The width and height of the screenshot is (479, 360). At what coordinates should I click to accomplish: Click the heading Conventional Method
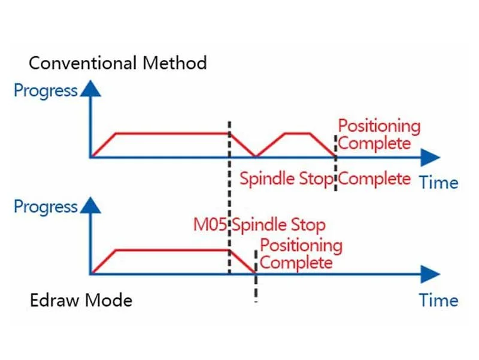(117, 63)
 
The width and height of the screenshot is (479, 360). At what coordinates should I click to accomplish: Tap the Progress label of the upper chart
(46, 91)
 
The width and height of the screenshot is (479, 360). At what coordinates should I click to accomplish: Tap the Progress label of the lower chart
(46, 207)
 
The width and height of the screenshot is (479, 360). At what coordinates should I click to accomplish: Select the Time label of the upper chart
(438, 182)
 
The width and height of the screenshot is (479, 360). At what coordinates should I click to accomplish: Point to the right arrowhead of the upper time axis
(430, 158)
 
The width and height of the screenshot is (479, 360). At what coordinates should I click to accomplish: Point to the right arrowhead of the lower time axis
(430, 274)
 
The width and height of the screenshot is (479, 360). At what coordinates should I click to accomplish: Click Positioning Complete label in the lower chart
(301, 254)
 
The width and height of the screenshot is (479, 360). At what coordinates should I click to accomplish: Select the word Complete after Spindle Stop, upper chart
(375, 179)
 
